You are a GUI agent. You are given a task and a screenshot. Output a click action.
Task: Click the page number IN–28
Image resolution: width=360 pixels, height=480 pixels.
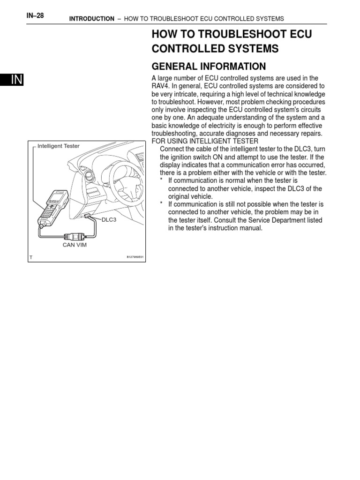coord(36,15)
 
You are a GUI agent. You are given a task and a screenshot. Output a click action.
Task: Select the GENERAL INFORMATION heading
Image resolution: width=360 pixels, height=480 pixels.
coord(209,66)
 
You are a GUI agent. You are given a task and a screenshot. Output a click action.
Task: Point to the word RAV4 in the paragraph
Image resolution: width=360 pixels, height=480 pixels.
coord(159,86)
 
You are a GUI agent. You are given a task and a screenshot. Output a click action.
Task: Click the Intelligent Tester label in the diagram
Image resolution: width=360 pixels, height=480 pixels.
coord(59,146)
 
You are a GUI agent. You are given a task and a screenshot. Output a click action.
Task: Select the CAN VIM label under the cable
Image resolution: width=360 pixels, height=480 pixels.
coord(75,245)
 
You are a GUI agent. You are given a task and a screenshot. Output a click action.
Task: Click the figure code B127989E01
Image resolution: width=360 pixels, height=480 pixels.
coord(135,257)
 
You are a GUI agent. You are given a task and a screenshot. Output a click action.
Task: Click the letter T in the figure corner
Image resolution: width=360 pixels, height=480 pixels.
coord(31,257)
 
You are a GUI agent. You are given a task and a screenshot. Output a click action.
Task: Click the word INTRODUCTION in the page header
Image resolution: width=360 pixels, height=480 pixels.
coord(91,19)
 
